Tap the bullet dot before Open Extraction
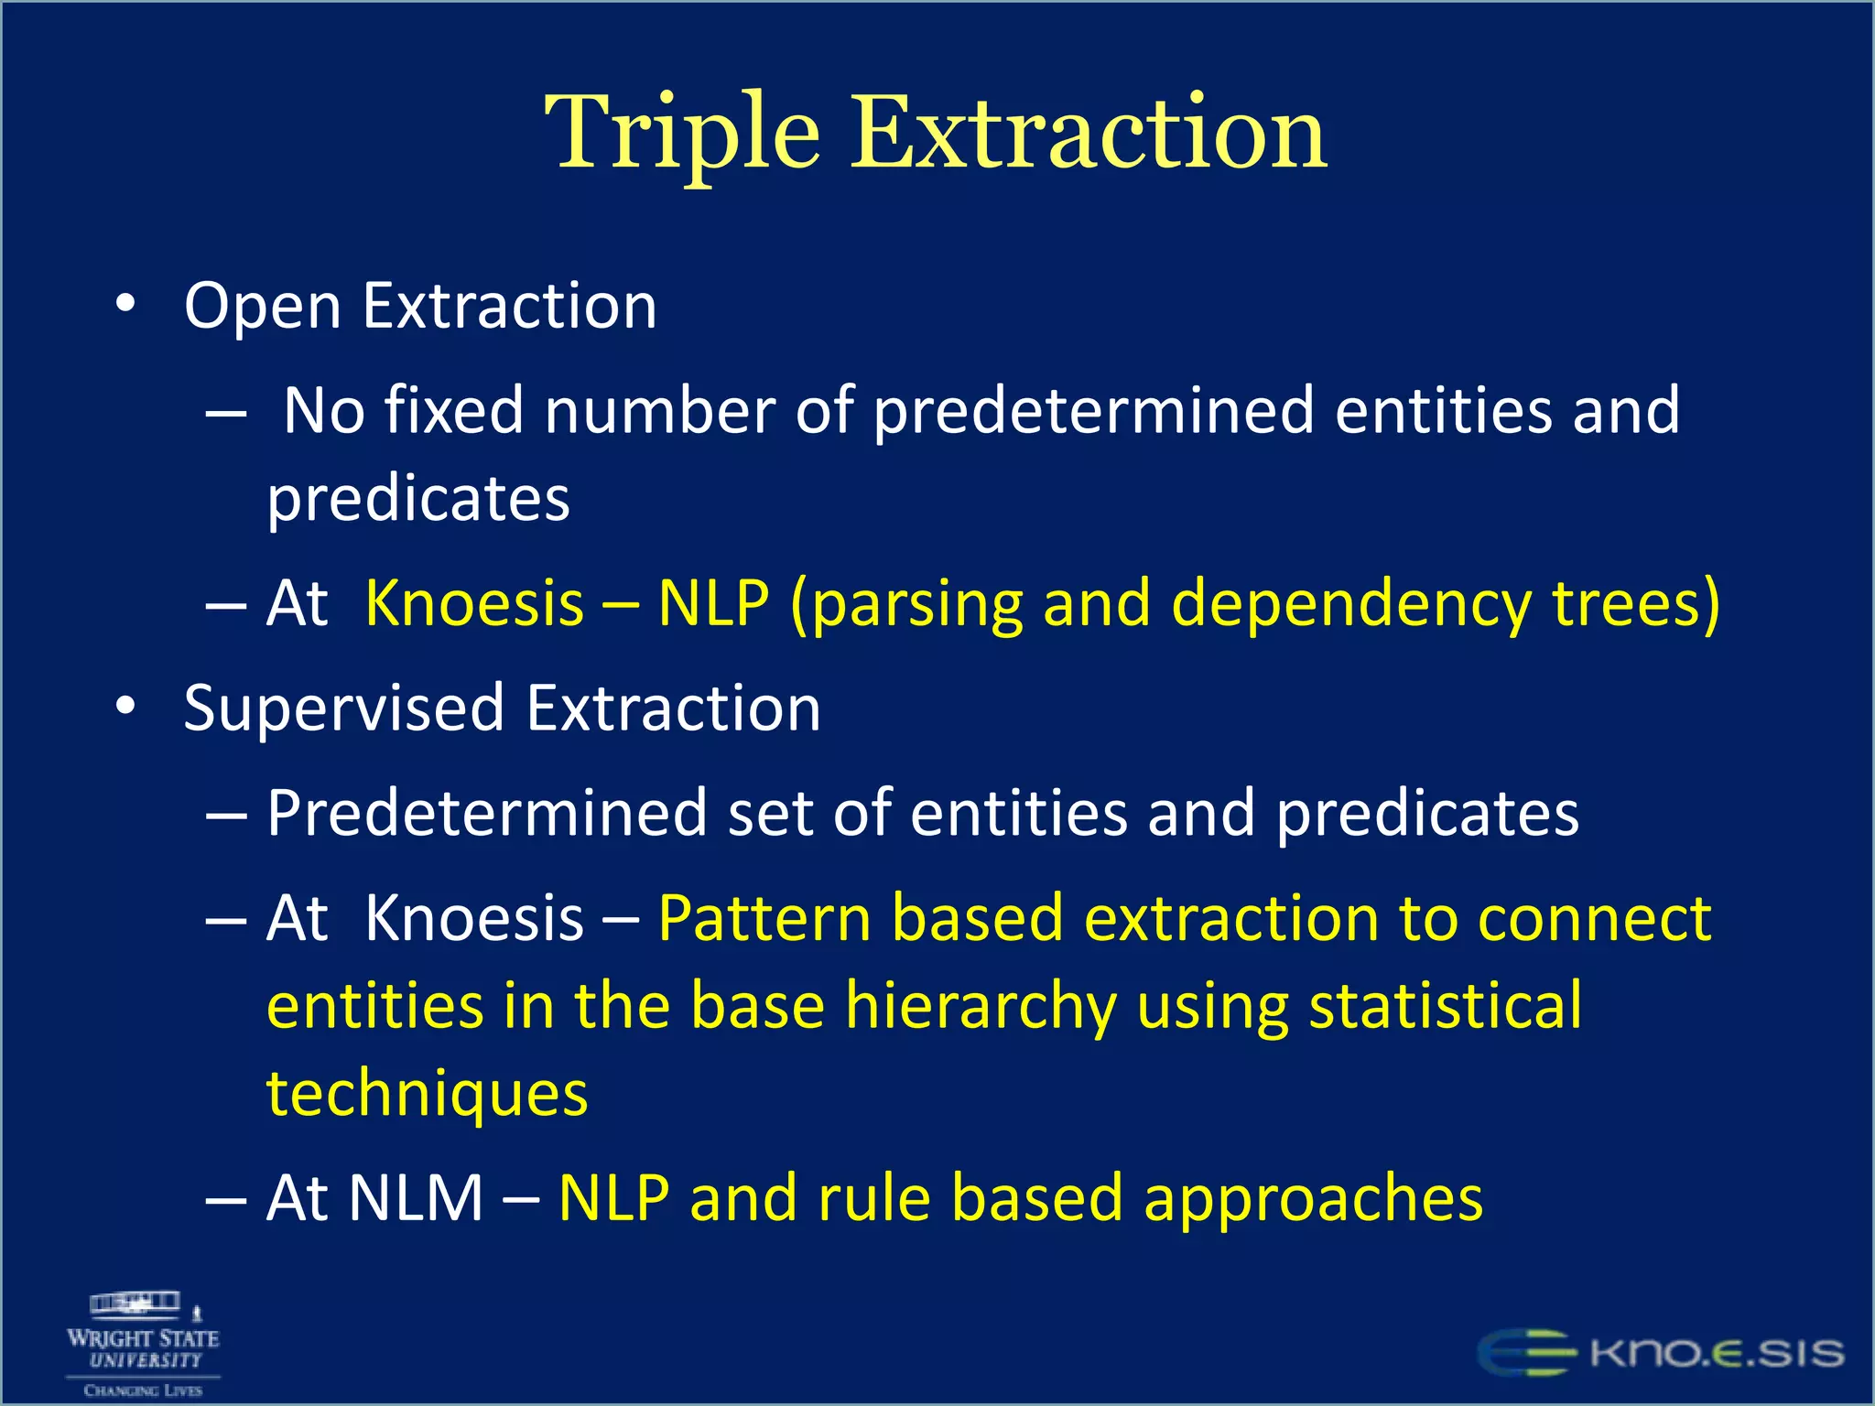point(126,304)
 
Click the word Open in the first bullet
point(262,307)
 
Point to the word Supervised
point(343,709)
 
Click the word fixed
point(453,410)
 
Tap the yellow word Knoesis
point(474,604)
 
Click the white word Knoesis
point(474,918)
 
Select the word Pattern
point(764,918)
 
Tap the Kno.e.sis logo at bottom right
point(1661,1353)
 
